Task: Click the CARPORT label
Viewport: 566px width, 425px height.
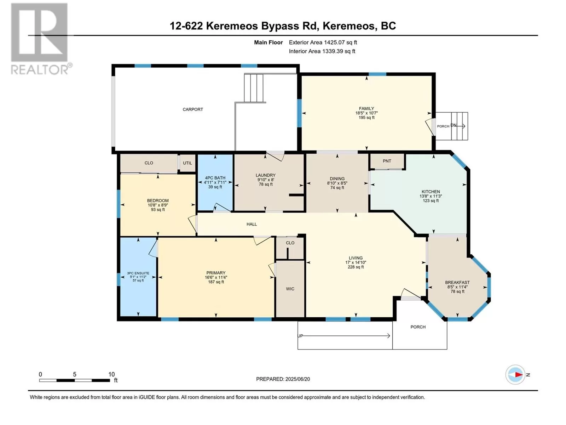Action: coord(193,109)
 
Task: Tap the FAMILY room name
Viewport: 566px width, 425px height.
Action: coord(366,109)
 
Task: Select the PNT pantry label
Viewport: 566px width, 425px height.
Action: coord(387,161)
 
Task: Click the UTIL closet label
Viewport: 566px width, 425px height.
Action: coord(187,163)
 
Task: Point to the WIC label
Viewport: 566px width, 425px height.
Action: coord(290,289)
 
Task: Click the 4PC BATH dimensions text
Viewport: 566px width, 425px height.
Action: coord(215,182)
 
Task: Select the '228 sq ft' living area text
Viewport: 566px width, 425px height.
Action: coord(356,267)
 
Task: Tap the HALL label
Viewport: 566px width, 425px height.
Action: coord(252,224)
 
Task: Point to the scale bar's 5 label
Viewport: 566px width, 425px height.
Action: coord(75,374)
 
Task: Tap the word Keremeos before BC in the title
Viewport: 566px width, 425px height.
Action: coord(349,26)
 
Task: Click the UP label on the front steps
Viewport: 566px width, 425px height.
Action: coord(300,336)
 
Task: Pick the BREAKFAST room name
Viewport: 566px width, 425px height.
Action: coord(457,283)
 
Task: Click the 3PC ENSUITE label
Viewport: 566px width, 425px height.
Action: coord(138,273)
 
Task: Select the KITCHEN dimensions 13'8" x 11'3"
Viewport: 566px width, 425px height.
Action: coord(431,196)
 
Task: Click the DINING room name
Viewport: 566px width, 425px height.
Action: coord(337,178)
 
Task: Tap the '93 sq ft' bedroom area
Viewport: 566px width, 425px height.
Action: coord(158,210)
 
